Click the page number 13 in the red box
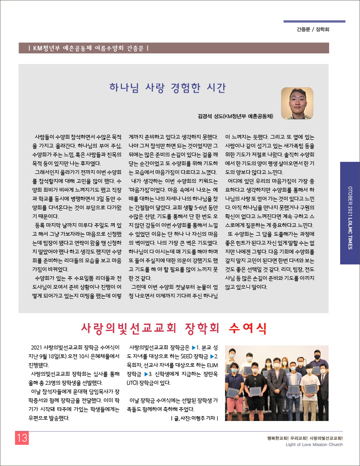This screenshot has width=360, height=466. [22, 438]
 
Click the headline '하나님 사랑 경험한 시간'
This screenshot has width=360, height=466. [168, 87]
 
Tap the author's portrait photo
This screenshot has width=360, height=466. [297, 103]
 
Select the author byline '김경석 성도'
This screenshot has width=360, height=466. [211, 116]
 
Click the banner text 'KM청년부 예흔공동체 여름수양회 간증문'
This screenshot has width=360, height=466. [88, 48]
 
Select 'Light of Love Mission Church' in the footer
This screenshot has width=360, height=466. [314, 444]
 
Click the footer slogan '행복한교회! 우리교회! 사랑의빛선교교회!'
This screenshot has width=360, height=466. [305, 438]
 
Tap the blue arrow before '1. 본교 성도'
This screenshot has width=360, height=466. [194, 347]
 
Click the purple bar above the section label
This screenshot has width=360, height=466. [314, 21]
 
